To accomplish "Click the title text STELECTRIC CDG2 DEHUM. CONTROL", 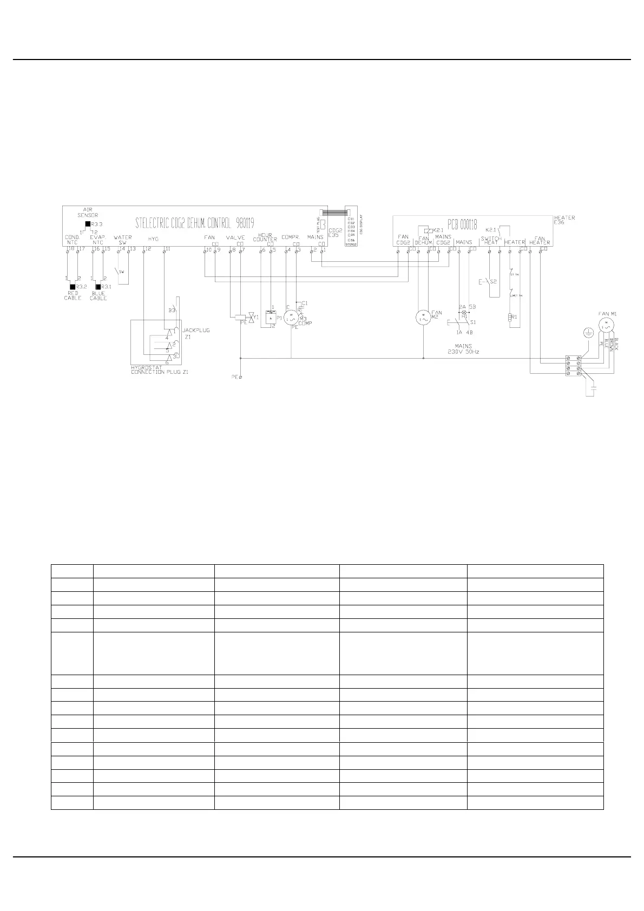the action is tap(194, 222).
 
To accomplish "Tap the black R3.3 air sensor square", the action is tap(88, 224).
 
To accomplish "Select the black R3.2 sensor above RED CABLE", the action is tap(73, 286).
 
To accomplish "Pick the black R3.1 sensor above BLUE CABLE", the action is tap(98, 286).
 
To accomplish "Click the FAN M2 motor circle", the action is tap(422, 317).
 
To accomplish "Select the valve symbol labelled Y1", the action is tap(249, 317).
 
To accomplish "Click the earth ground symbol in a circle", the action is tap(586, 333).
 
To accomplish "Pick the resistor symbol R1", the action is tap(509, 318).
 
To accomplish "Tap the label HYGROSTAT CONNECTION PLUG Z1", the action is tap(160, 370).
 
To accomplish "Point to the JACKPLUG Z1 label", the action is tap(196, 333).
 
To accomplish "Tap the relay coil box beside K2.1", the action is tap(428, 229).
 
